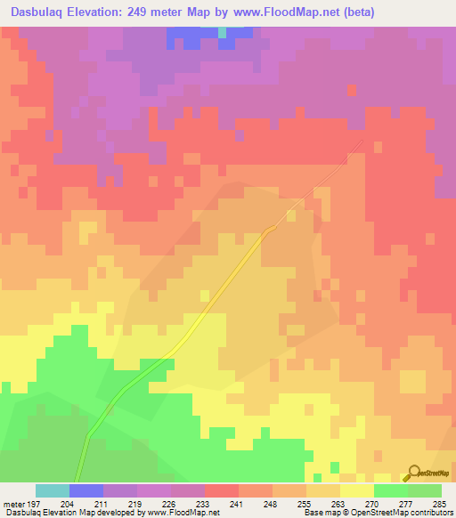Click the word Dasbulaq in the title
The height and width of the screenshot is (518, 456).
click(x=37, y=12)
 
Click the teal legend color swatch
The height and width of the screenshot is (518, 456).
click(x=53, y=490)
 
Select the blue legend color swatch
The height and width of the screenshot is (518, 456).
click(x=86, y=490)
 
